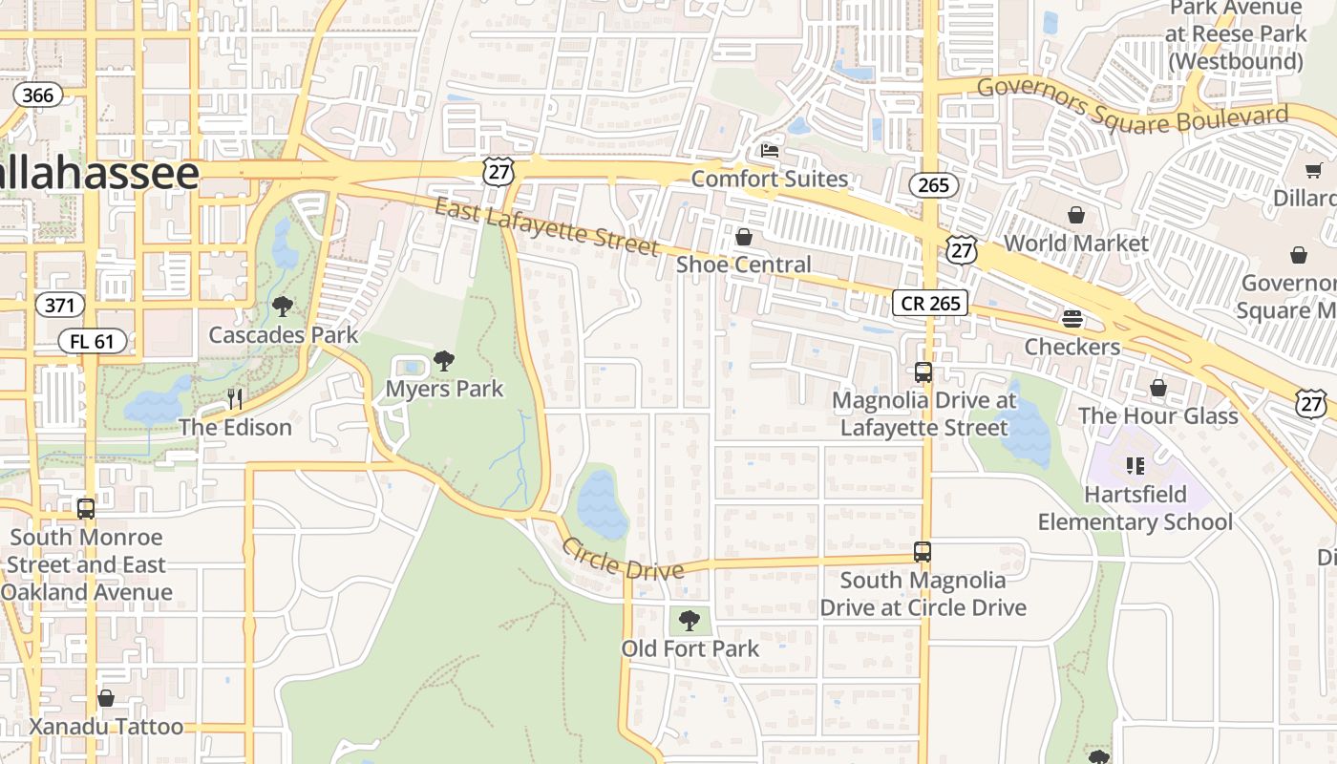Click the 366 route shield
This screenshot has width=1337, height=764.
[38, 95]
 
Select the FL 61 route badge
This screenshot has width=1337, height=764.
[92, 340]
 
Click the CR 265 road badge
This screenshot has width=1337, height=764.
[930, 303]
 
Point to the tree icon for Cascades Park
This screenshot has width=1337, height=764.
[282, 307]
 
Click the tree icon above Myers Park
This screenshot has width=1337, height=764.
[443, 361]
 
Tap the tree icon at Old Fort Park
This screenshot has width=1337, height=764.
[689, 621]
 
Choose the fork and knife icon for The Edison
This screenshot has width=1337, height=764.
[235, 398]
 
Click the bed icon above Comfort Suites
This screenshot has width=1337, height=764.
[769, 150]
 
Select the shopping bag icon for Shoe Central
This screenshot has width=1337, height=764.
[743, 236]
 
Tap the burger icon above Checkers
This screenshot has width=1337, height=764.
[1072, 318]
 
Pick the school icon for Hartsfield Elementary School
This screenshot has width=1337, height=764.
[1135, 466]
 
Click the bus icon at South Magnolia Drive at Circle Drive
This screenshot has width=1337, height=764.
[922, 551]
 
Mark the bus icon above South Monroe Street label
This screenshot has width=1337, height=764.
[86, 508]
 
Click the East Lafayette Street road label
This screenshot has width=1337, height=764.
[546, 226]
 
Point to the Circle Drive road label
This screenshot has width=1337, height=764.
[623, 559]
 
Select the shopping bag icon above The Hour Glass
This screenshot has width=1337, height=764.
[1157, 388]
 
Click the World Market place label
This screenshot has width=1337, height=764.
[1075, 244]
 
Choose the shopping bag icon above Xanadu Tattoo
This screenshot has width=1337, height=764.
[106, 698]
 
